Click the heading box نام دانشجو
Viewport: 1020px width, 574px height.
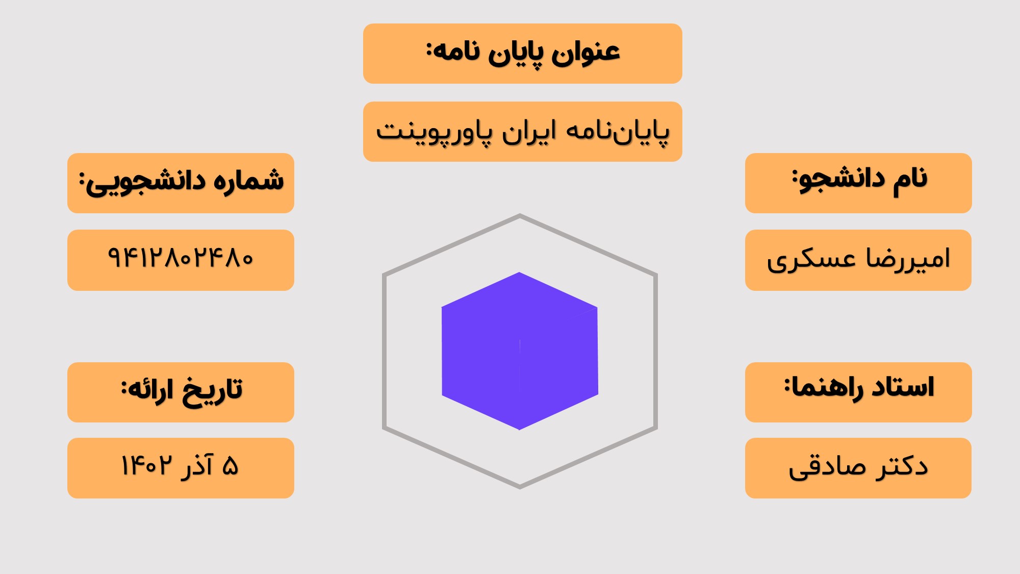coord(858,183)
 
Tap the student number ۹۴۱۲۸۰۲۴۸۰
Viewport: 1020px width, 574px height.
coord(181,257)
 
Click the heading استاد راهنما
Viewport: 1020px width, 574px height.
coord(859,388)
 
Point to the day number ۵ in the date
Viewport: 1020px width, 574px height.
coord(231,466)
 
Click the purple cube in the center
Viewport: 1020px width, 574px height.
coord(520,351)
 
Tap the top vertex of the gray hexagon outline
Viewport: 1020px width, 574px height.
coord(520,215)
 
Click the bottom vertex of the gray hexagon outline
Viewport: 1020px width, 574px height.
coord(520,487)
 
